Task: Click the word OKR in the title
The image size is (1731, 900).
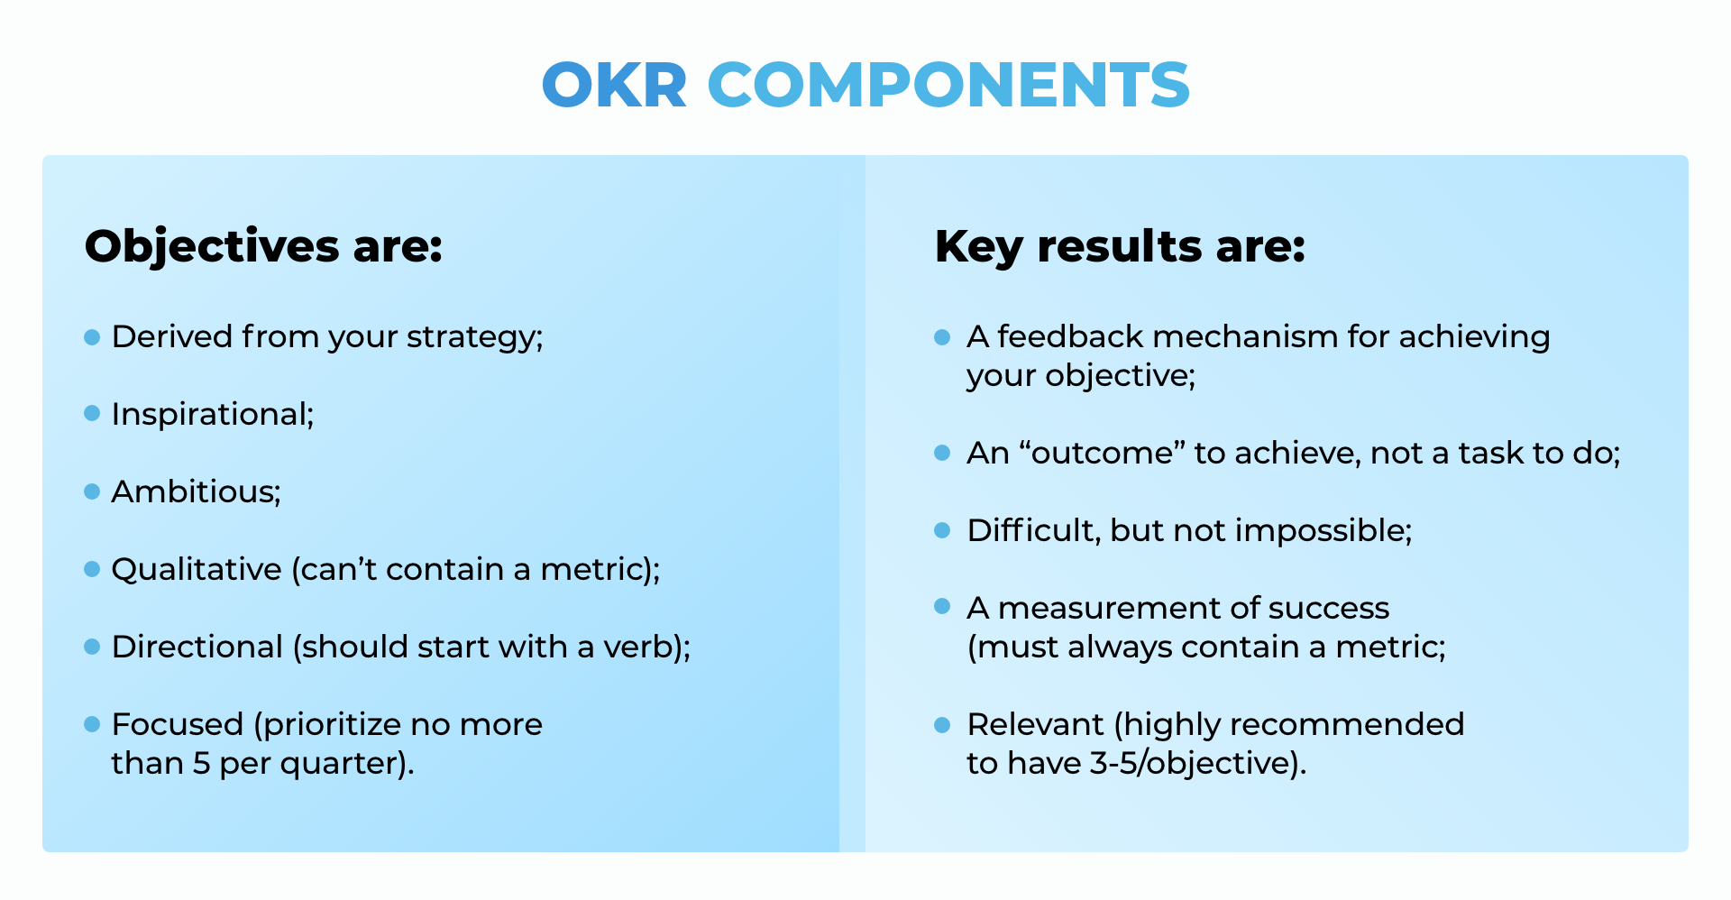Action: [x=614, y=86]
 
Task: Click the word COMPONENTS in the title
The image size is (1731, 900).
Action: [x=948, y=86]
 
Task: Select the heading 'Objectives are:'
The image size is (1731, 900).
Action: [x=263, y=246]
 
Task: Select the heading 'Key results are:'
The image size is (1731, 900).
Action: [x=1120, y=246]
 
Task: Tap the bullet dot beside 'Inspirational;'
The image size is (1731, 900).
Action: [x=92, y=413]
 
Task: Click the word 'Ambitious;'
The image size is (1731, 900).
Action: [x=196, y=492]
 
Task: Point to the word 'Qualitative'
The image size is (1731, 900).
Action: [x=196, y=570]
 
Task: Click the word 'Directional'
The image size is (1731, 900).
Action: [x=197, y=647]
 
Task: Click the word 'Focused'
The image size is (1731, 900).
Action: [x=177, y=725]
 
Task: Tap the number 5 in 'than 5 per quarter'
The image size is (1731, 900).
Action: [x=201, y=764]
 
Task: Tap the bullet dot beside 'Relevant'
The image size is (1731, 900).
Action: [x=942, y=725]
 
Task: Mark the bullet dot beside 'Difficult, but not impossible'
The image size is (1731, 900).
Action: [x=942, y=530]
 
